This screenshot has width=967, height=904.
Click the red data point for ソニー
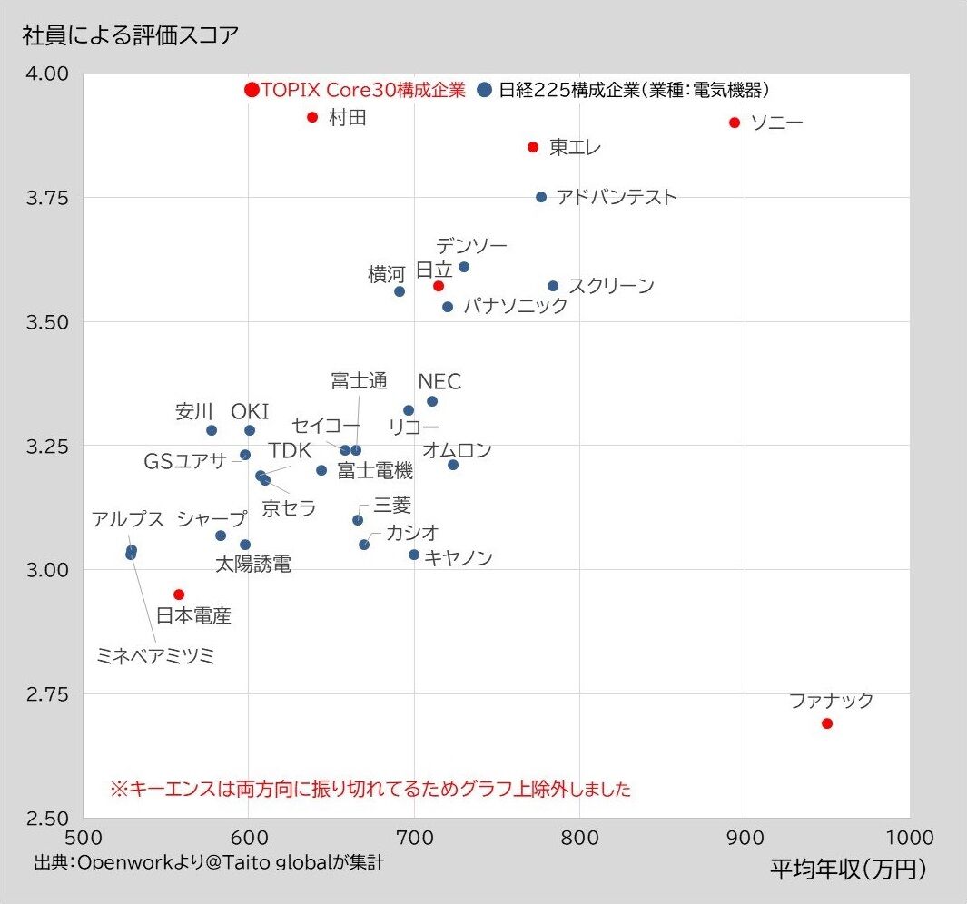[735, 123]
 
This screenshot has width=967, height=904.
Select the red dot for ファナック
[827, 723]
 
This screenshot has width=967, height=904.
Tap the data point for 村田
[312, 117]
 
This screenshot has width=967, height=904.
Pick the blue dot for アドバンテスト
[541, 197]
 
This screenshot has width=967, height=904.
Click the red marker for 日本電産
[179, 594]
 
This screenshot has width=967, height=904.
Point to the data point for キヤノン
[414, 555]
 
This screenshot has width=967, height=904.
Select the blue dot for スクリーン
[553, 286]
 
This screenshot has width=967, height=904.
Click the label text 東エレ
[575, 147]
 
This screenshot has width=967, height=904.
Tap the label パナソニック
[515, 306]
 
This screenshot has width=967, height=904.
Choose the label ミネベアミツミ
[156, 656]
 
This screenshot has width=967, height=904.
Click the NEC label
[439, 381]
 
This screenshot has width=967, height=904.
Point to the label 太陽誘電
[253, 565]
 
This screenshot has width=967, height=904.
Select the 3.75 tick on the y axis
[44, 198]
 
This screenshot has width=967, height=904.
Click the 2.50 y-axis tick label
[44, 819]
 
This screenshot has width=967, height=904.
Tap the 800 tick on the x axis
[579, 836]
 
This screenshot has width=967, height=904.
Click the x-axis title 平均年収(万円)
[848, 870]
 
